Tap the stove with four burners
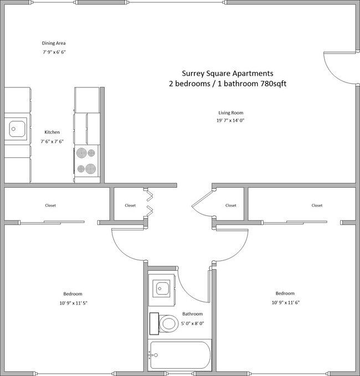pyautogui.click(x=87, y=161)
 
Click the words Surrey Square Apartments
pyautogui.click(x=228, y=73)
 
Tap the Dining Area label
pyautogui.click(x=54, y=43)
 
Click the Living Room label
pyautogui.click(x=230, y=113)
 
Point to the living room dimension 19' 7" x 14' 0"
pyautogui.click(x=230, y=121)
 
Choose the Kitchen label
pyautogui.click(x=52, y=132)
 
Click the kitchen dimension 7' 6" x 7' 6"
pyautogui.click(x=52, y=140)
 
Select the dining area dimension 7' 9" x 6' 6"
pyautogui.click(x=54, y=53)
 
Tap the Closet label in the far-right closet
pyautogui.click(x=317, y=205)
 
